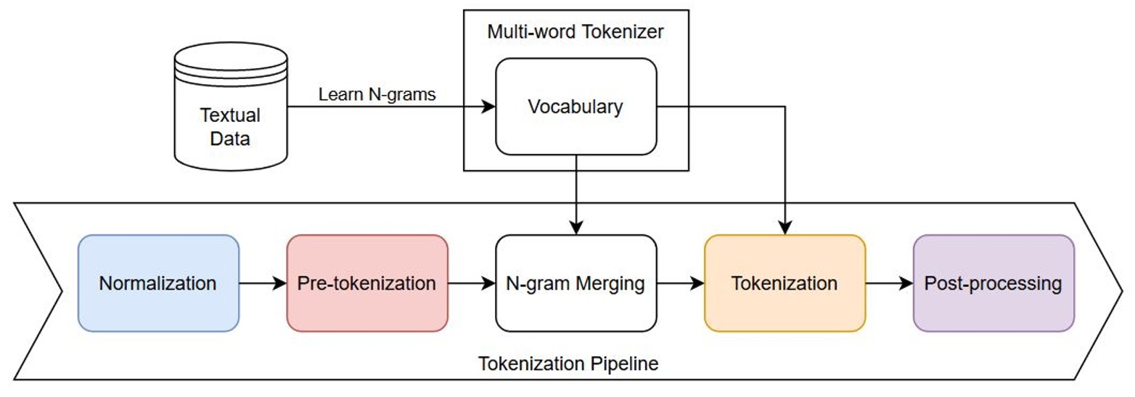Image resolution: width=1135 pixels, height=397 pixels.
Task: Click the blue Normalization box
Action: (158, 283)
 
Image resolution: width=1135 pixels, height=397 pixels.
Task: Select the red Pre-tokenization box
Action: (367, 283)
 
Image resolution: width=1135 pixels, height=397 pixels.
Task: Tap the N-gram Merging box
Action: (575, 283)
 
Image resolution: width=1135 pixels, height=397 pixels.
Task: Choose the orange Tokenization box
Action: (784, 283)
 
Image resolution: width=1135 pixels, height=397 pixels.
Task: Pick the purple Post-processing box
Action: (993, 283)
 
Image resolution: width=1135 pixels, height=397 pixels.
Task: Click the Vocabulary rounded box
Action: (575, 107)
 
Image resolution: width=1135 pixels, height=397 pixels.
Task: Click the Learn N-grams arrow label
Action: (377, 95)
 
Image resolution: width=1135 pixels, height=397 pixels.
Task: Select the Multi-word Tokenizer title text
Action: (575, 31)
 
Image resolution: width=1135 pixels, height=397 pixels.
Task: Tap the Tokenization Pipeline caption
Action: (568, 363)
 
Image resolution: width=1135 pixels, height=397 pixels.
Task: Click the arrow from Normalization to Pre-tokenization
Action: (263, 283)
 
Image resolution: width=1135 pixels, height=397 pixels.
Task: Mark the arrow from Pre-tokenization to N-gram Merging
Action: (471, 283)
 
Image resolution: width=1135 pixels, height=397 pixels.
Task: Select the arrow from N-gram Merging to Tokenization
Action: (680, 283)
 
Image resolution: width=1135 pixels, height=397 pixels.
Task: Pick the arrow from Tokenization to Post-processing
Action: (888, 283)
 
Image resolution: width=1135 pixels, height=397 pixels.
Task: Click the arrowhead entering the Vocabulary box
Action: (489, 107)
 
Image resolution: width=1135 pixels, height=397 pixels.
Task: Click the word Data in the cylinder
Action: (230, 138)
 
